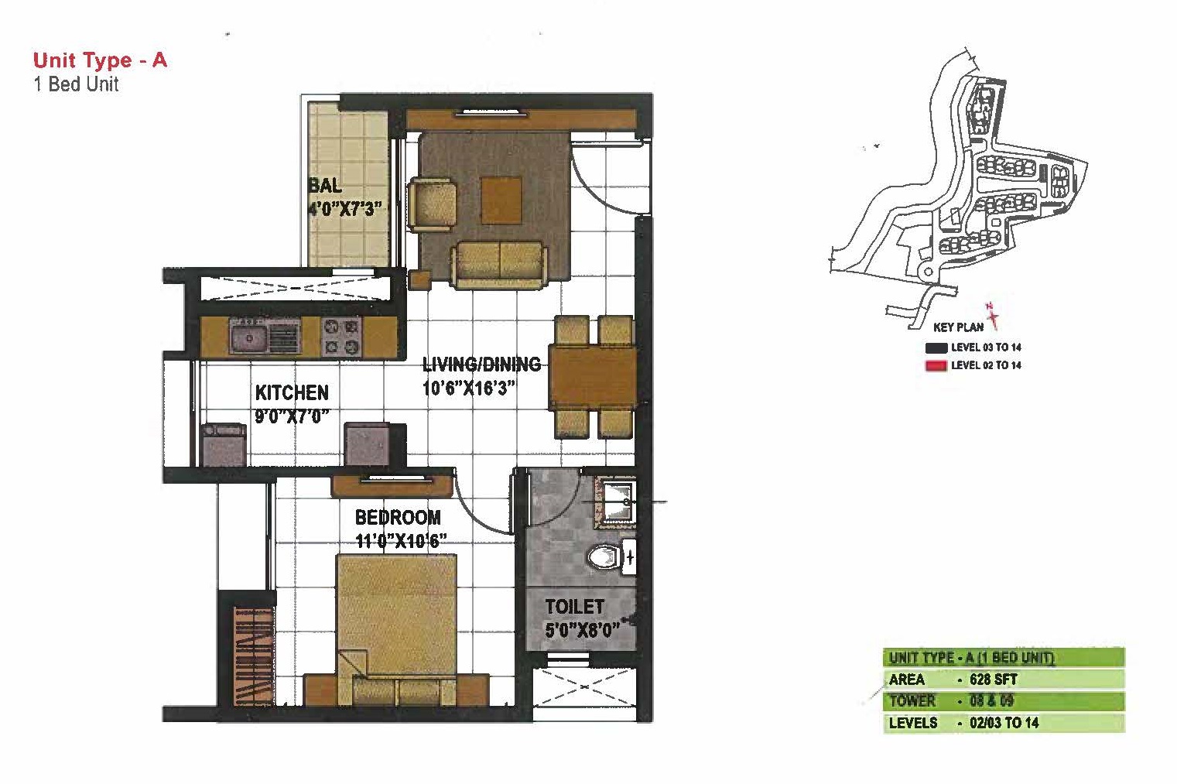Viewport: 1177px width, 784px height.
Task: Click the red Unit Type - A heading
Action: point(100,60)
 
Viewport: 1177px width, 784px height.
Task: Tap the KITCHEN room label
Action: point(292,392)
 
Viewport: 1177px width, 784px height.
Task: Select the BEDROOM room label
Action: point(398,517)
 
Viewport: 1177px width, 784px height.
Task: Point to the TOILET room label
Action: point(574,607)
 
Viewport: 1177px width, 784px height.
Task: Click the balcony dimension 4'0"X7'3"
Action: point(344,209)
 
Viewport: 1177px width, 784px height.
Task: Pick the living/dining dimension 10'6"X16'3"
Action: point(469,389)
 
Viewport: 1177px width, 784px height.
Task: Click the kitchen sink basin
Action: point(248,337)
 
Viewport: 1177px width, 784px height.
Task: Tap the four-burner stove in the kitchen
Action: point(341,337)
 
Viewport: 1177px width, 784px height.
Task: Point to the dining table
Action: point(594,377)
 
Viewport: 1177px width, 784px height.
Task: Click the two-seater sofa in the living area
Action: point(498,265)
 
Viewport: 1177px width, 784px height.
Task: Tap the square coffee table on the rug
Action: point(501,200)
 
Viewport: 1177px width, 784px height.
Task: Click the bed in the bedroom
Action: point(397,629)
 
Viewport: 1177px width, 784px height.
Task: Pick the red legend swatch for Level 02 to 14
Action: point(936,366)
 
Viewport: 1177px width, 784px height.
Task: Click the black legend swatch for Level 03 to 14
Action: point(936,347)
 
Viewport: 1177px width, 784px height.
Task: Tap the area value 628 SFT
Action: point(993,680)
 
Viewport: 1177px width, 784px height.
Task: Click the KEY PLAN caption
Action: point(959,327)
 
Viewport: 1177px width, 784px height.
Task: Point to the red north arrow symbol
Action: point(992,315)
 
